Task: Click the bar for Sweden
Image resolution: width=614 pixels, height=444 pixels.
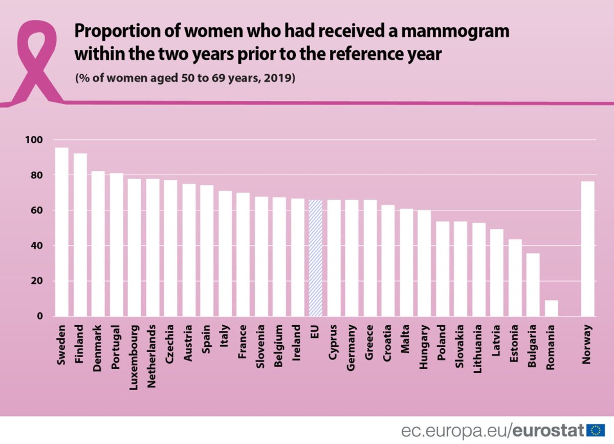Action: [62, 231]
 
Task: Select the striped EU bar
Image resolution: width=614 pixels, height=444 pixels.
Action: [315, 258]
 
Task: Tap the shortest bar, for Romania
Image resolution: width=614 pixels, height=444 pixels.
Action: [551, 308]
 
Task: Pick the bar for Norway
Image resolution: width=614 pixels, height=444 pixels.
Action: [588, 248]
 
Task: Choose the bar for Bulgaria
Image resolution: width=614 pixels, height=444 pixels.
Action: [533, 284]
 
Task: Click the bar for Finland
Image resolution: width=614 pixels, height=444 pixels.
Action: [80, 235]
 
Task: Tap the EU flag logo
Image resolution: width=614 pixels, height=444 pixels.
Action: [595, 429]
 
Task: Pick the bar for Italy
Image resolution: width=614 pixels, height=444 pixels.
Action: [225, 253]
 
